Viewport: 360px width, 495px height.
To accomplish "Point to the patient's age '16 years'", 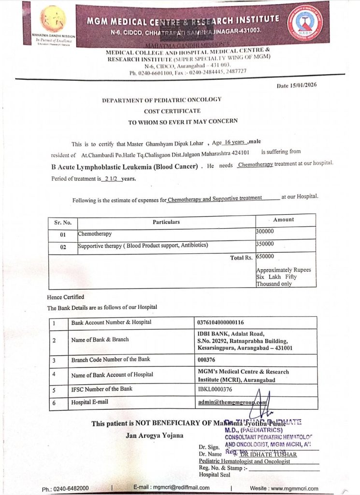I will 235,144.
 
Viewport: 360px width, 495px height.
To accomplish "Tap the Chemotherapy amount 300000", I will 265,232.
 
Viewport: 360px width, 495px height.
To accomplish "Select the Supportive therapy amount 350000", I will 265,244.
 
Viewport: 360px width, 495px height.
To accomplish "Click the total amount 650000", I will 265,256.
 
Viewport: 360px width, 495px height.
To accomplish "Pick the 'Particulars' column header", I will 166,222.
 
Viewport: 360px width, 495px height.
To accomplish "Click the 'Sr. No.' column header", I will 63,222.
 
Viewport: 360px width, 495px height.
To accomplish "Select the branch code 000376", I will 207,360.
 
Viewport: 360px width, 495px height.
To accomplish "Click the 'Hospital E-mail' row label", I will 90,402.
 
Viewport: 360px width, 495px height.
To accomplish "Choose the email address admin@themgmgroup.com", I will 232,402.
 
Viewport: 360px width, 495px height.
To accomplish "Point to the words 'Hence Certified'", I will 65,297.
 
